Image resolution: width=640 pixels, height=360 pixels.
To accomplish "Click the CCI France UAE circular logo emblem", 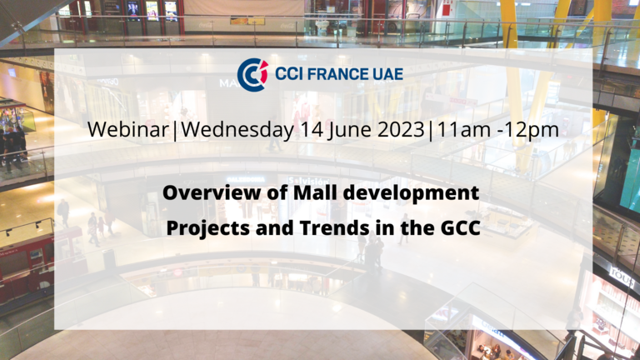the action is pyautogui.click(x=252, y=74).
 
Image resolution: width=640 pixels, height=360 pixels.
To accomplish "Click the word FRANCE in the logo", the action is pyautogui.click(x=332, y=74).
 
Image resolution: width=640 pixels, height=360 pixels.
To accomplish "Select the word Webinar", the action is pyautogui.click(x=127, y=130).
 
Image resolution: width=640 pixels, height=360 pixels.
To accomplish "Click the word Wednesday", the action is pyautogui.click(x=237, y=130).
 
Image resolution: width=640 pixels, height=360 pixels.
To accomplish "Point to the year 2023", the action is pyautogui.click(x=401, y=130).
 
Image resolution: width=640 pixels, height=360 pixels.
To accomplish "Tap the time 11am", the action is pyautogui.click(x=463, y=130).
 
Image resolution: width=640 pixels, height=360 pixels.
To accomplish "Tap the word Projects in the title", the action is pyautogui.click(x=208, y=228).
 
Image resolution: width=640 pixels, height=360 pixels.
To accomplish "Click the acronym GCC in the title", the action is pyautogui.click(x=460, y=227).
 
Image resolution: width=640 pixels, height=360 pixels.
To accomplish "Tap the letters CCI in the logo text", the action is pyautogui.click(x=288, y=74).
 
